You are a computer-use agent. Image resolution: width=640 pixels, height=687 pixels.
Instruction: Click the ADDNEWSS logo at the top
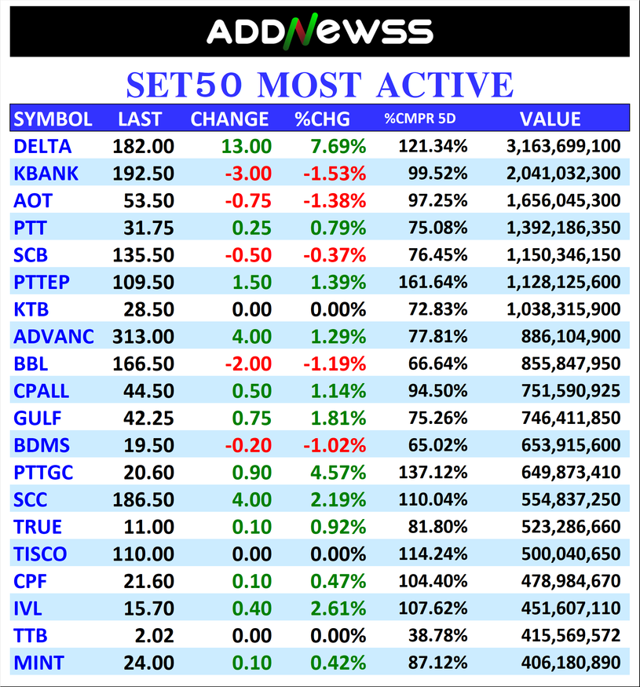319,31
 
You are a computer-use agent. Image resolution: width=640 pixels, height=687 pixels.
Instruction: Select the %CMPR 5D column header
419,119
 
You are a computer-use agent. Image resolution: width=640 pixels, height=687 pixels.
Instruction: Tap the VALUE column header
550,119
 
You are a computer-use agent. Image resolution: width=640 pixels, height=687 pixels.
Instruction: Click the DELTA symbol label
42,146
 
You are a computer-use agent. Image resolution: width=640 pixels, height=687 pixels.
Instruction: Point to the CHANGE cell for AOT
248,200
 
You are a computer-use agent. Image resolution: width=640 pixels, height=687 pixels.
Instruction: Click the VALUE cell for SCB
562,255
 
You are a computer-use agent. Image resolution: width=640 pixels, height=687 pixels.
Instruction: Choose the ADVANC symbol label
53,337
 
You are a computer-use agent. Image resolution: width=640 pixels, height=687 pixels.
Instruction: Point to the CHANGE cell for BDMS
248,445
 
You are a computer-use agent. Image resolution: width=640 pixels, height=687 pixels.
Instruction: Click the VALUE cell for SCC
570,500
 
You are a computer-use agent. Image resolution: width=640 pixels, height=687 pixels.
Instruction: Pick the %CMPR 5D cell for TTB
441,636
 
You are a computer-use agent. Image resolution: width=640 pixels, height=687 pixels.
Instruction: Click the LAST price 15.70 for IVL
148,608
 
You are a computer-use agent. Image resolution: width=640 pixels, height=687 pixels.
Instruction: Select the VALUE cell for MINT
570,663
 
